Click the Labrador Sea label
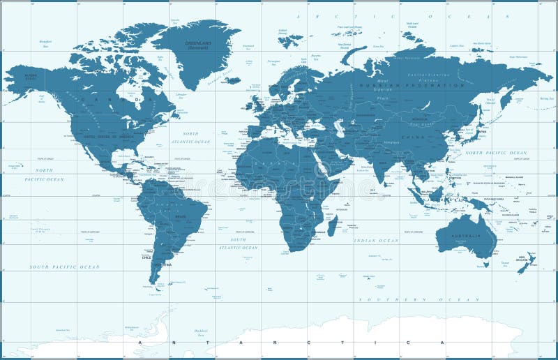[x=182, y=96]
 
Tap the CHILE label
[x=146, y=257]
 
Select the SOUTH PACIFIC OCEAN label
[x=64, y=267]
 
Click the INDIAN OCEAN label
[x=377, y=240]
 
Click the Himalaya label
[x=392, y=142]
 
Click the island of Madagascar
[x=333, y=225]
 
